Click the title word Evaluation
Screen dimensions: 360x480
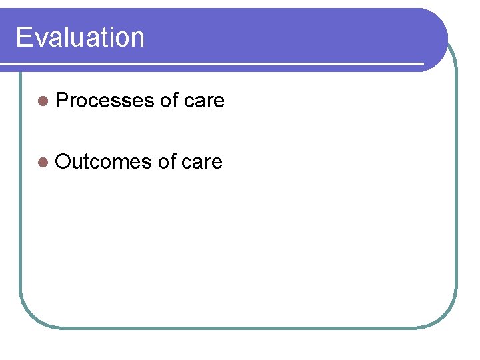[80, 37]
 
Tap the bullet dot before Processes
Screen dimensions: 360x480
[43, 101]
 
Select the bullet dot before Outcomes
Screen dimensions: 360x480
[43, 162]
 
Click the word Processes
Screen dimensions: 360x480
[105, 101]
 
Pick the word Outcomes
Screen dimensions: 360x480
[104, 161]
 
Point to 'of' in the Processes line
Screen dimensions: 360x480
[169, 101]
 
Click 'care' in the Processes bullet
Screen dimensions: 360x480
[204, 101]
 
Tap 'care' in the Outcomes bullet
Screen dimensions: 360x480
[201, 161]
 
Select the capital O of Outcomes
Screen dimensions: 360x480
[65, 161]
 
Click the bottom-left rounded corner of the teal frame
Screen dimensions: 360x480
[30, 317]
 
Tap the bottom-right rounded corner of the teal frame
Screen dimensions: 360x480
[446, 317]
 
